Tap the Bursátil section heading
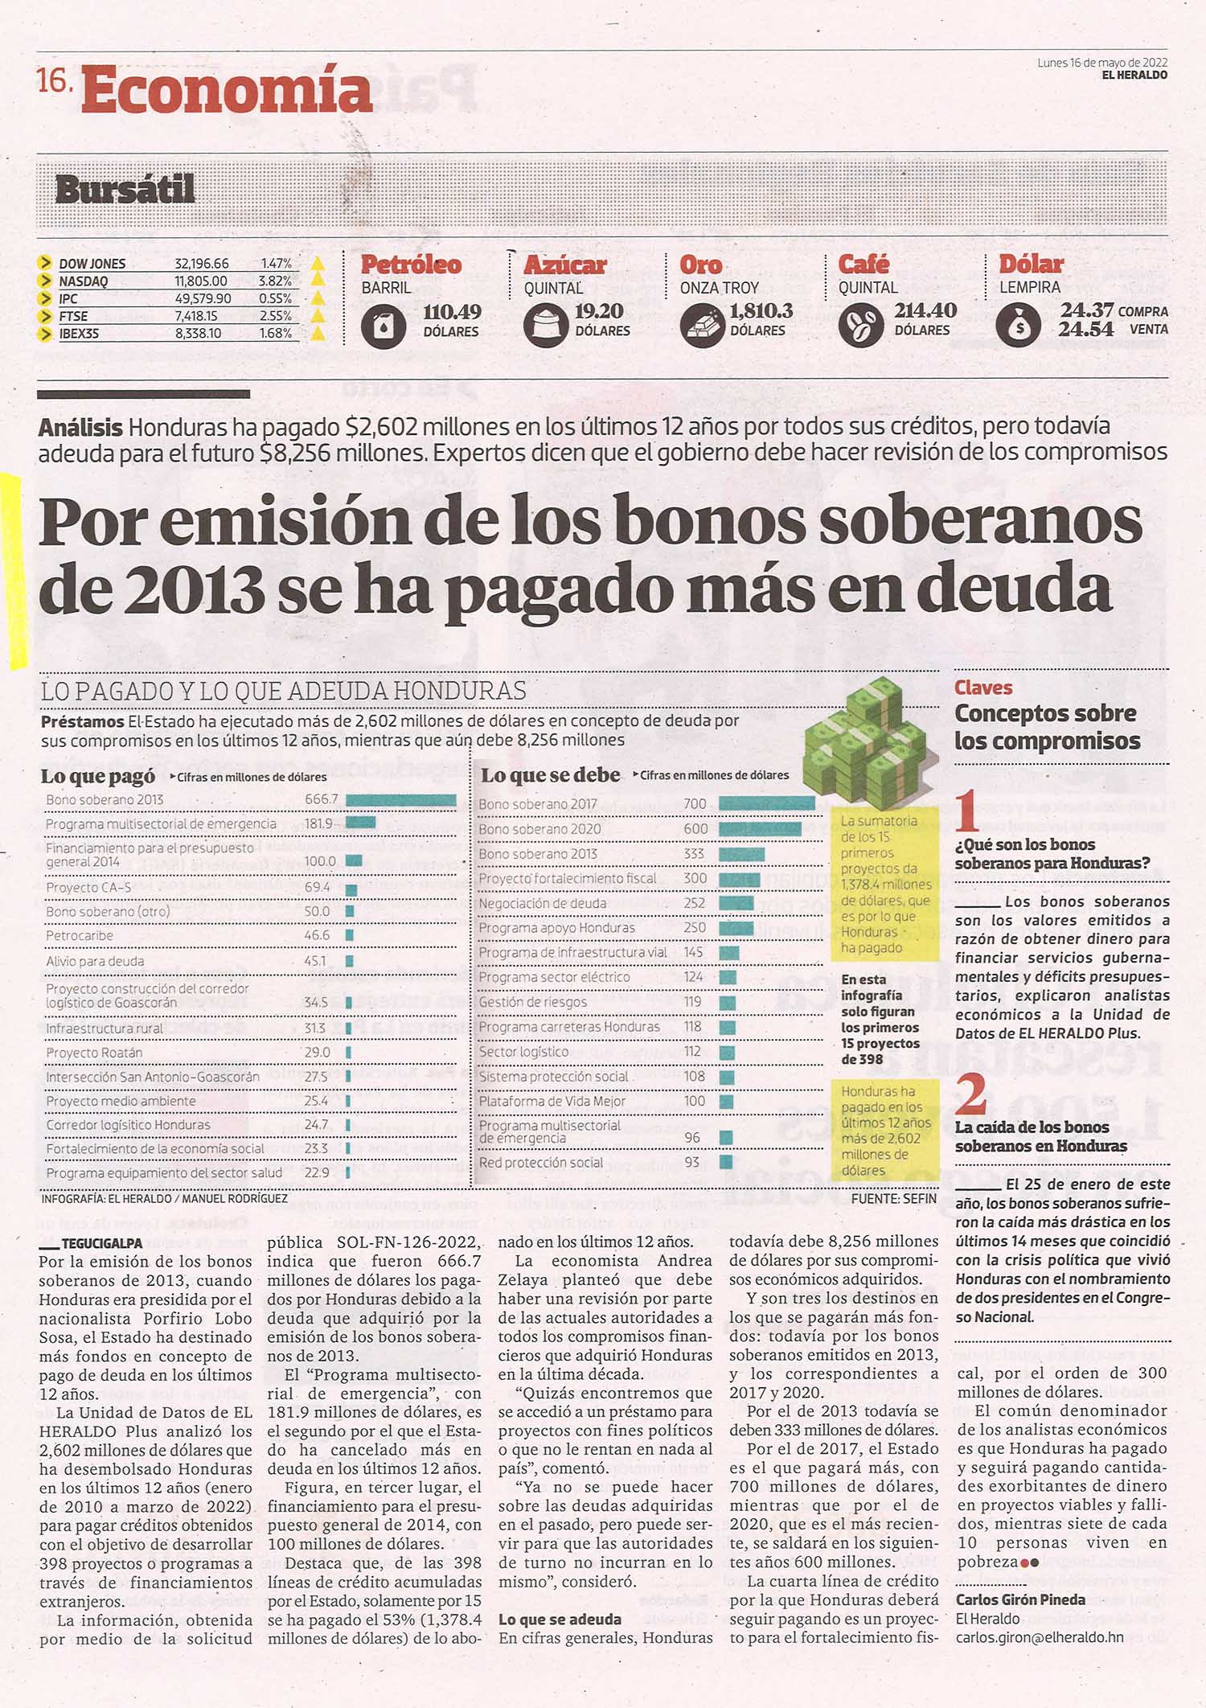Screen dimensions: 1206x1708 (x=125, y=190)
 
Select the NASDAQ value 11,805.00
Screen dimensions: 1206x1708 (x=201, y=281)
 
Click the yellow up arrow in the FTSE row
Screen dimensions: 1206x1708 (x=318, y=316)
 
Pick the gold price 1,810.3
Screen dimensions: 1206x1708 (x=761, y=310)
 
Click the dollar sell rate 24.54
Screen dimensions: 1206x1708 (x=1085, y=329)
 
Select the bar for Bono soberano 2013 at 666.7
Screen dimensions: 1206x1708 (x=400, y=800)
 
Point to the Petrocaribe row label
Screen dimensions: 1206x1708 (x=80, y=936)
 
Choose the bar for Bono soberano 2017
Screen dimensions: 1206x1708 (x=766, y=803)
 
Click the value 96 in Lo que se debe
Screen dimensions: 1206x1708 (x=691, y=1138)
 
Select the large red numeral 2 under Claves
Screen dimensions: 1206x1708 (x=972, y=1094)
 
